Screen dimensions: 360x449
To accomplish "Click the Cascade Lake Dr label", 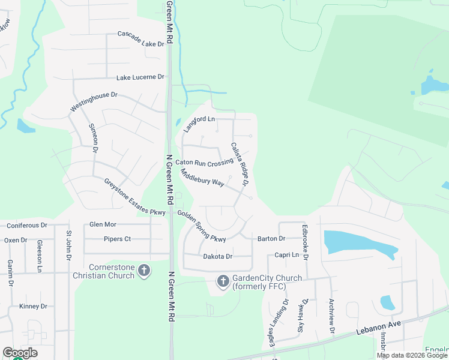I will tap(141, 40).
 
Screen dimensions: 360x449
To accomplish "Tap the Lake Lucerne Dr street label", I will tap(140, 77).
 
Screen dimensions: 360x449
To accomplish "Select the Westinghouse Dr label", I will tap(94, 102).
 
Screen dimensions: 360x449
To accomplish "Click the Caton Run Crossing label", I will tap(204, 163).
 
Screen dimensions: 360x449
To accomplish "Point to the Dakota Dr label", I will tap(217, 256).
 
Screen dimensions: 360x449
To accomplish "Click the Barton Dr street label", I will tap(271, 238).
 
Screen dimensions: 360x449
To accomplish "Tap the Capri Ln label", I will tap(286, 254).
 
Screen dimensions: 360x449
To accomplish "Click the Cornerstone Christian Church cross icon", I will tap(144, 271).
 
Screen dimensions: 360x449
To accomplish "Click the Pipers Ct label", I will tap(117, 239).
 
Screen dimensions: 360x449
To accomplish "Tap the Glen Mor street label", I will tap(102, 224).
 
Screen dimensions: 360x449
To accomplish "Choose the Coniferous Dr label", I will tap(26, 226).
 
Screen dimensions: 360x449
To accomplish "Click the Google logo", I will tap(20, 353).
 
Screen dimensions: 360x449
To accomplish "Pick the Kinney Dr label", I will tap(32, 306).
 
